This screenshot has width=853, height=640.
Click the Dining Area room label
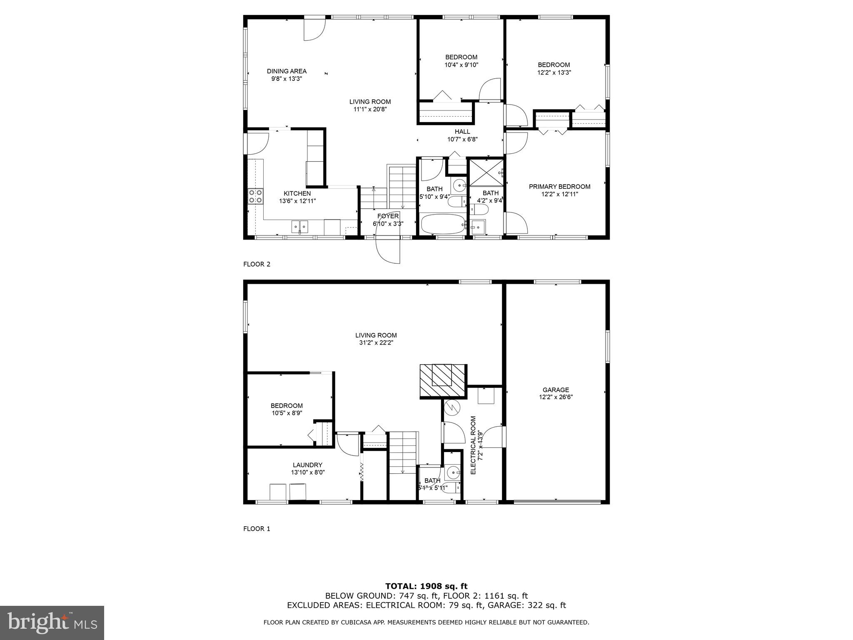coord(287,71)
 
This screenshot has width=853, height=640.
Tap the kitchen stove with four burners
coord(255,196)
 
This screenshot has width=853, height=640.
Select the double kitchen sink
coord(299,227)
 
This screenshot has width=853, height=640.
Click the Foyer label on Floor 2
coord(388,216)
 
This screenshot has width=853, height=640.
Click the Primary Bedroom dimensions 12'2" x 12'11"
coord(559,194)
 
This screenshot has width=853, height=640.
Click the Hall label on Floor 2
coord(462,132)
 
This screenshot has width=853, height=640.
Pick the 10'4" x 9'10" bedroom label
coord(461,61)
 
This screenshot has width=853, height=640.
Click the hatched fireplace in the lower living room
coord(442,380)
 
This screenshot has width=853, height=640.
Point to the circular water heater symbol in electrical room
coord(451,407)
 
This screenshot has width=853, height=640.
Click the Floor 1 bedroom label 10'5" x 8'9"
coord(287,409)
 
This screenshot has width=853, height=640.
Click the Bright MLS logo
coord(52,622)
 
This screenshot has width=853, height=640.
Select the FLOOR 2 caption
coord(257,264)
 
